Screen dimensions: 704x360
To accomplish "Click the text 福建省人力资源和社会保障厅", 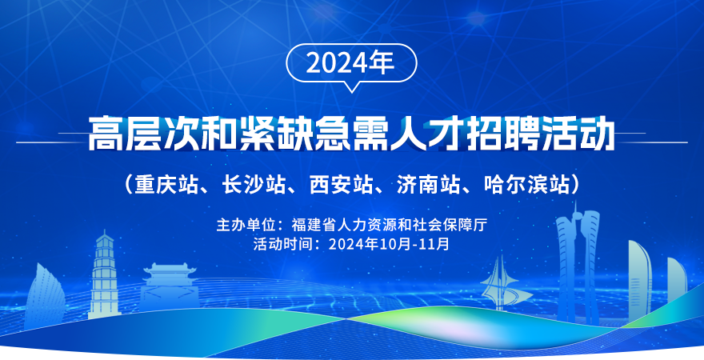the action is (x=390, y=225).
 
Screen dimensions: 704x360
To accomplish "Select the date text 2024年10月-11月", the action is (x=389, y=244).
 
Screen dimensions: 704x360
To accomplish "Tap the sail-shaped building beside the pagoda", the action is (x=44, y=296).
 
